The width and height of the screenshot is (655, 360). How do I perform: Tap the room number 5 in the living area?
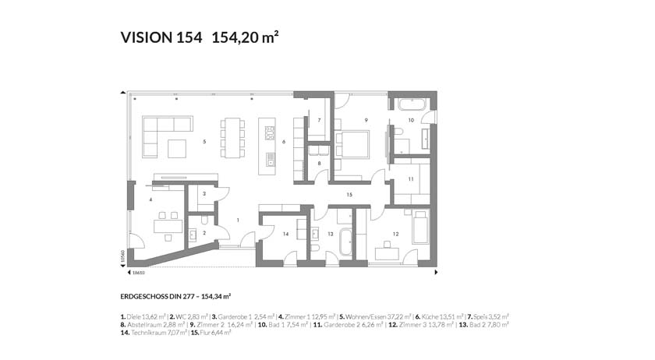tap(204, 142)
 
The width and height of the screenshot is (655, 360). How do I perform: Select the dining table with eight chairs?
tap(232, 138)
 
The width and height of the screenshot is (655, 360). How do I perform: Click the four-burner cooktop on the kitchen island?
tap(270, 133)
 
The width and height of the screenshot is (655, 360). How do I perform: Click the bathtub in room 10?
tap(410, 105)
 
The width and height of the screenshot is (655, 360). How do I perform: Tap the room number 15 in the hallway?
tap(350, 194)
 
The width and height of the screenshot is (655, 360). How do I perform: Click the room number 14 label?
tap(286, 234)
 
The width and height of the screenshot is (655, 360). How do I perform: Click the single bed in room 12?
tap(421, 227)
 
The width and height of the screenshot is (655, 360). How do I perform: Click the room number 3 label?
tap(204, 193)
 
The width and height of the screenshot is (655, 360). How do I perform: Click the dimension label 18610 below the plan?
tap(140, 273)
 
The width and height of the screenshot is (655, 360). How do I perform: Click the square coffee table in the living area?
tap(177, 148)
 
